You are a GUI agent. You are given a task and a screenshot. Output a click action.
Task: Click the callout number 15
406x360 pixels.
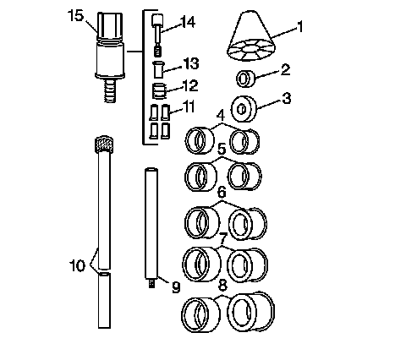coord(76,16)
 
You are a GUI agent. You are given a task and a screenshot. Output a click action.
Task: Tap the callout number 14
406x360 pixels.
coord(188,22)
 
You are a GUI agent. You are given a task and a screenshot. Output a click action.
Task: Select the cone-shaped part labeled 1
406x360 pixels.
coord(251,36)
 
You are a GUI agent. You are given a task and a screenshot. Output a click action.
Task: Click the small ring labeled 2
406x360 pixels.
coord(246,79)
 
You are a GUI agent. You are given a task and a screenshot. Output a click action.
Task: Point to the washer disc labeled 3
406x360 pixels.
coord(244,109)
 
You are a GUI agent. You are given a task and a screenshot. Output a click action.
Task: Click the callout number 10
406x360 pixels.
coord(77,265)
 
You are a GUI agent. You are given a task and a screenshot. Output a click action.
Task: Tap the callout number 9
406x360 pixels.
coord(176,287)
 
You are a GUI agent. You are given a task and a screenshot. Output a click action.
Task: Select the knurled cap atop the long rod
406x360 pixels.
coord(104,145)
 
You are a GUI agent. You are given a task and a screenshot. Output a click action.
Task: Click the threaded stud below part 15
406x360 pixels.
coord(110,90)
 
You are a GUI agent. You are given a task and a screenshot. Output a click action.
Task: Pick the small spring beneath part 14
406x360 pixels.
coord(158,51)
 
